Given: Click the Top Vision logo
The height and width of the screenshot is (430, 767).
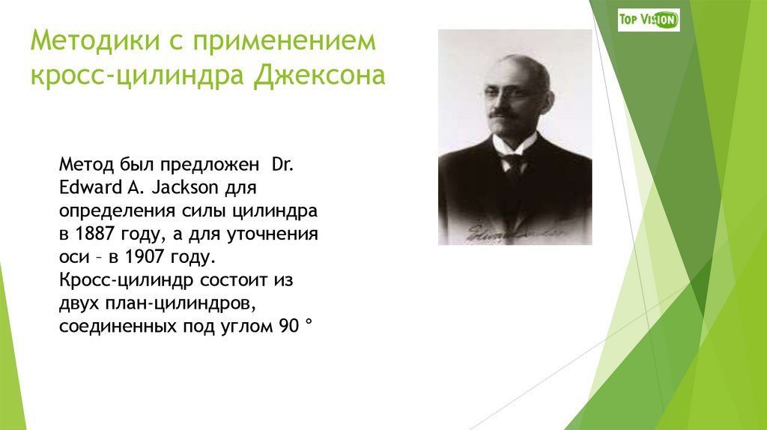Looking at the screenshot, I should (x=649, y=19).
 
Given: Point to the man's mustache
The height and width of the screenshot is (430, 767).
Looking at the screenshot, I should (x=504, y=114).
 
